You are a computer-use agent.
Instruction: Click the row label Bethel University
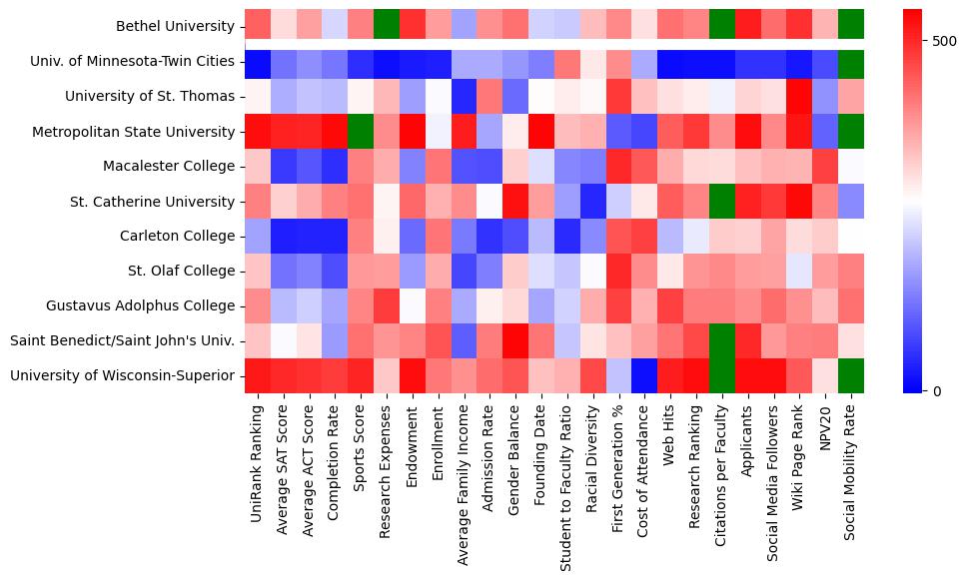[176, 27]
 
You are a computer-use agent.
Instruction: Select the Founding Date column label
[542, 448]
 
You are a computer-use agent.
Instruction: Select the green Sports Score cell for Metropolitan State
[361, 131]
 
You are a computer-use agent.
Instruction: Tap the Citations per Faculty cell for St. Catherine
[724, 201]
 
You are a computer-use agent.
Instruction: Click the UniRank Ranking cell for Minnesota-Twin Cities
[257, 62]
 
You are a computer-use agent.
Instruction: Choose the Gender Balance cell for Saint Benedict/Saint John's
[516, 340]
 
